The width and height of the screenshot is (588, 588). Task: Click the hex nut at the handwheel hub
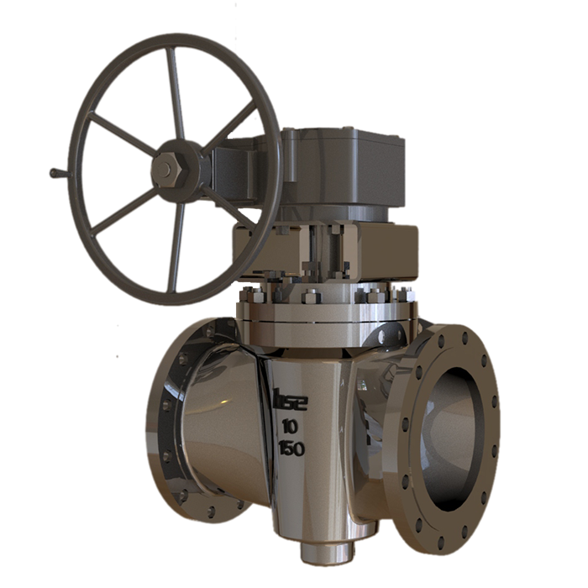(165, 171)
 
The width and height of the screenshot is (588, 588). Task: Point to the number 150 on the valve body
(291, 448)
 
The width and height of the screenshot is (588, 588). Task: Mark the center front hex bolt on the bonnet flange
(311, 297)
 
